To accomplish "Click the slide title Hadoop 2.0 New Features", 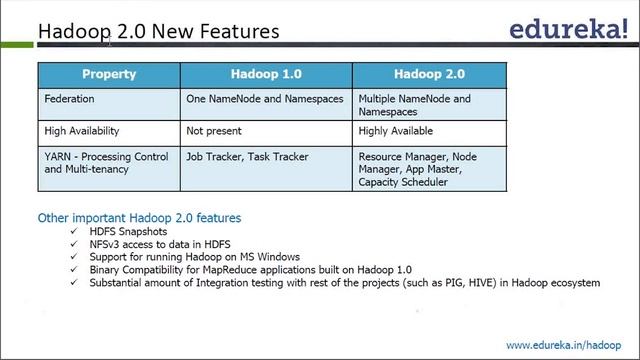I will click(x=158, y=31).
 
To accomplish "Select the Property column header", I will click(x=109, y=74).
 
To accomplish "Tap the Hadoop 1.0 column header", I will click(x=265, y=74).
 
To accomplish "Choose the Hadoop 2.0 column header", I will click(x=428, y=74).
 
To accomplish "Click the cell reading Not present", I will click(x=215, y=131).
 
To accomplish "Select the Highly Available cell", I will click(x=396, y=131).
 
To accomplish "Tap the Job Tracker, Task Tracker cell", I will click(x=248, y=157).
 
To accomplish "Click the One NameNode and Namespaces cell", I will click(x=265, y=99).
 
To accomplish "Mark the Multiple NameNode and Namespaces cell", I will click(x=414, y=105).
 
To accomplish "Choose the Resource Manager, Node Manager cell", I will click(x=418, y=170).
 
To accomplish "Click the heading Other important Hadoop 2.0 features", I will click(x=139, y=217).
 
